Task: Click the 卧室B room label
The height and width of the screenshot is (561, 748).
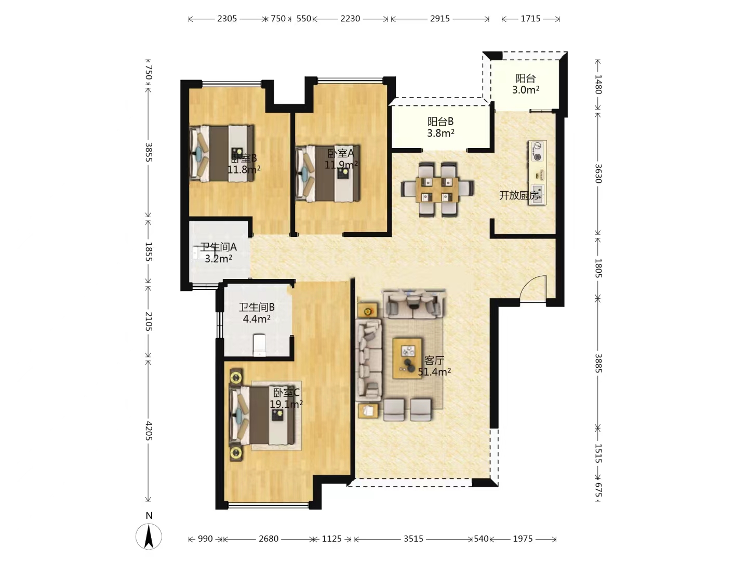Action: coord(244,158)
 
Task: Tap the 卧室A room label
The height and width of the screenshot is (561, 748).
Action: coord(340,153)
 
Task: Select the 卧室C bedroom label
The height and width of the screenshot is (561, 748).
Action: coord(286,393)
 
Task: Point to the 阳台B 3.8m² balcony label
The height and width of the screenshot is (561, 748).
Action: coord(440,127)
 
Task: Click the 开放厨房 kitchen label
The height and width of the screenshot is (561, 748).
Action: coord(519,195)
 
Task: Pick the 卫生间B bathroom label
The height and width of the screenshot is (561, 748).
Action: coord(257,307)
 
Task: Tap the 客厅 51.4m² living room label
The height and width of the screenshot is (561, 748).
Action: coord(434,366)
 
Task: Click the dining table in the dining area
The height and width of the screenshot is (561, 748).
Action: coord(437,189)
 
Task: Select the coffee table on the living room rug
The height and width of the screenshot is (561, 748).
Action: coord(407,358)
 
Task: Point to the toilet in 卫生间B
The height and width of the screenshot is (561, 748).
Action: coord(260,345)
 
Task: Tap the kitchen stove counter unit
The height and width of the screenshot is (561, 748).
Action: coord(538,172)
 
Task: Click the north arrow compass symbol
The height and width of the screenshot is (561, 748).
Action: coord(149,537)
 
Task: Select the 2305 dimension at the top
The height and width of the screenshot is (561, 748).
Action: coord(227,18)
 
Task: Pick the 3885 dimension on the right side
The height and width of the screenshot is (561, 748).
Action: coord(598,363)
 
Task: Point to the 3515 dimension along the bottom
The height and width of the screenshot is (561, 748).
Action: coord(413,539)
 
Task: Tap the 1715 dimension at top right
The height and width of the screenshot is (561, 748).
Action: coord(530,18)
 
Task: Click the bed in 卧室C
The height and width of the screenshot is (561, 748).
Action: coord(261,416)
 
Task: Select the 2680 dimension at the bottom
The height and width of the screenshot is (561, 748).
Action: coord(269,539)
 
